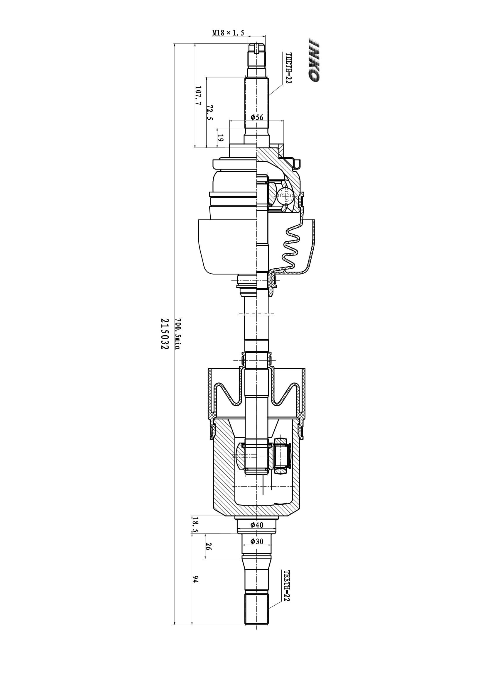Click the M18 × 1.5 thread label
coord(228,33)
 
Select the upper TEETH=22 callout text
coord(288,68)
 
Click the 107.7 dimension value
coord(198,95)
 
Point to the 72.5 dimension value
coord(210,112)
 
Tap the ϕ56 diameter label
coord(257,117)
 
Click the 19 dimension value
coord(220,138)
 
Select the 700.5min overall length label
coord(178,334)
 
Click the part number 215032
coord(165,334)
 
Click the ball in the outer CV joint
coord(285,196)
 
